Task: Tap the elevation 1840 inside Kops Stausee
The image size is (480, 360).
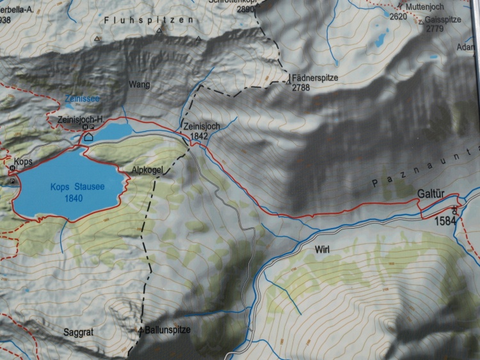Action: (x=74, y=199)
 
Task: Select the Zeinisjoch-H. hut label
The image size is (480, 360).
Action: (x=80, y=120)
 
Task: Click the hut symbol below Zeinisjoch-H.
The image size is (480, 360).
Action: (x=88, y=136)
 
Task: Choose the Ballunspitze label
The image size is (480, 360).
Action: (x=168, y=330)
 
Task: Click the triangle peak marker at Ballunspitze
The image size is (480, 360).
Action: (x=141, y=330)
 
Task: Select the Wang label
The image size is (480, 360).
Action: (x=140, y=84)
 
